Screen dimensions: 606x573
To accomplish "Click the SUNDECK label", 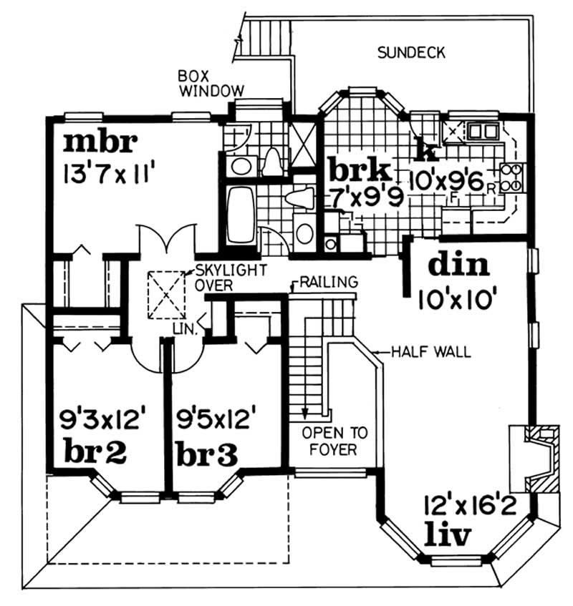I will [x=412, y=52].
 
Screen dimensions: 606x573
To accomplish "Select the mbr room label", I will [x=100, y=142].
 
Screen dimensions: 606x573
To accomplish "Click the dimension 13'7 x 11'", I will [x=110, y=172].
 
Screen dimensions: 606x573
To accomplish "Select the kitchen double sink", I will [x=481, y=132].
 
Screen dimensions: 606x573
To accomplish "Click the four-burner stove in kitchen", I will [x=512, y=177].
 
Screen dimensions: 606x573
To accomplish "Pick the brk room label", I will [x=360, y=172].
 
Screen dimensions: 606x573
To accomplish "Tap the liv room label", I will [x=449, y=534].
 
